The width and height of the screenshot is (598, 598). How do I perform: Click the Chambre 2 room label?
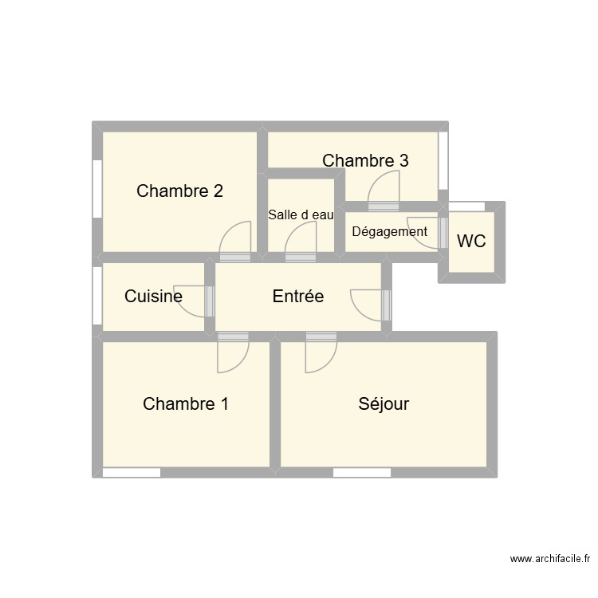(179, 191)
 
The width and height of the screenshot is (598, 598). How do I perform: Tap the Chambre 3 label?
(365, 160)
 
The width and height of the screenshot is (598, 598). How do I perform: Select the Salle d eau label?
(301, 214)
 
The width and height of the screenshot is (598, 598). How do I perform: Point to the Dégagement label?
(389, 232)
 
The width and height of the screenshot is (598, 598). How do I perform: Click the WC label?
(471, 241)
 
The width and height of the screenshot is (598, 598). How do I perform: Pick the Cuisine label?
(153, 297)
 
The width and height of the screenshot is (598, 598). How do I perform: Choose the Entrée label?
(298, 297)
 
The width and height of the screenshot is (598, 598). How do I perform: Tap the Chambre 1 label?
(186, 404)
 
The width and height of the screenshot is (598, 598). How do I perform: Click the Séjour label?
(384, 404)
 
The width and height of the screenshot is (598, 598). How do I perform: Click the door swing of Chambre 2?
(235, 239)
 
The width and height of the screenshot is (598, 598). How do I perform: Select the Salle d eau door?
(301, 239)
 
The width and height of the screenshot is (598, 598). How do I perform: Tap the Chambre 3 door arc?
(384, 189)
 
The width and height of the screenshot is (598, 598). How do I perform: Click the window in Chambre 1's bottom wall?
(132, 473)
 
